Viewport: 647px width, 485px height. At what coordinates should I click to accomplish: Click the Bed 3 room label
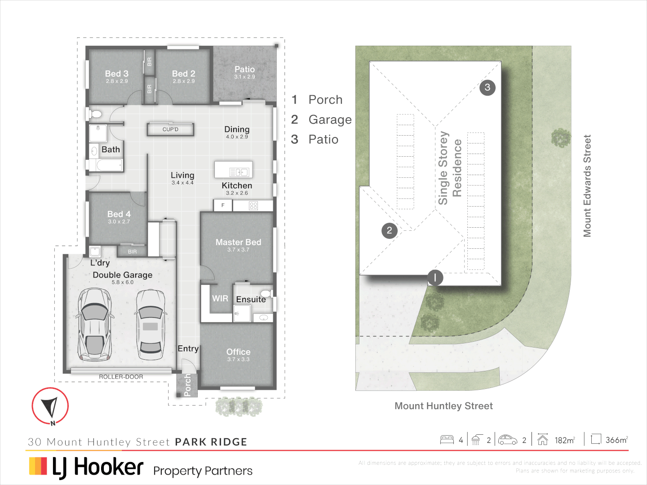tap(117, 74)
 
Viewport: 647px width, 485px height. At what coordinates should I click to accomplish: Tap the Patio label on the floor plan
tap(244, 70)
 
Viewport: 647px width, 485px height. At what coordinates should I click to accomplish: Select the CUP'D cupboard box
tap(170, 129)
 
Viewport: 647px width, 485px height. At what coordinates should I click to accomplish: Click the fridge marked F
tap(223, 205)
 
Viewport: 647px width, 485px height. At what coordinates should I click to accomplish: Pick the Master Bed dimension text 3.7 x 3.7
tap(238, 250)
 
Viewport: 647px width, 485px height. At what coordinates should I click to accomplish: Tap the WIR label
tap(220, 299)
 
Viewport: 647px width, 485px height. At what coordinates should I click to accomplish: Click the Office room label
tap(238, 352)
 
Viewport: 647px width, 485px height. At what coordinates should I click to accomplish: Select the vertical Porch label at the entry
tap(187, 385)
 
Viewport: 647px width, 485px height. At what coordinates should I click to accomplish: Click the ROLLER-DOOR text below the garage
tap(121, 377)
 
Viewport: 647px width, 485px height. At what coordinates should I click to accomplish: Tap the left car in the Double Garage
tap(94, 324)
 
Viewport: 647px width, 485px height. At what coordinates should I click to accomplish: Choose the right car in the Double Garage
tap(151, 324)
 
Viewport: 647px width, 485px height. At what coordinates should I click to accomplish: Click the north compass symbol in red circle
tap(50, 406)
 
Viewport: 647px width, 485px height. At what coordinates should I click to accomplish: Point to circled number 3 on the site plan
tap(487, 87)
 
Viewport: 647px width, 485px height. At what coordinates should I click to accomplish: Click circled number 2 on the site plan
tap(390, 231)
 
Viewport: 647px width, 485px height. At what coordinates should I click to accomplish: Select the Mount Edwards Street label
tap(587, 186)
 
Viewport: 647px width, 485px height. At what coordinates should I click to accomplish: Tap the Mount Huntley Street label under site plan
tap(443, 406)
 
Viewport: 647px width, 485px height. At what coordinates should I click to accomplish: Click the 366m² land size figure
tap(616, 440)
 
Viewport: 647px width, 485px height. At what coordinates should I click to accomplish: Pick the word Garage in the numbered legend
tap(330, 119)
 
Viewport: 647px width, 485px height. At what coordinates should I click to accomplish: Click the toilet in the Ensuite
tap(266, 294)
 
